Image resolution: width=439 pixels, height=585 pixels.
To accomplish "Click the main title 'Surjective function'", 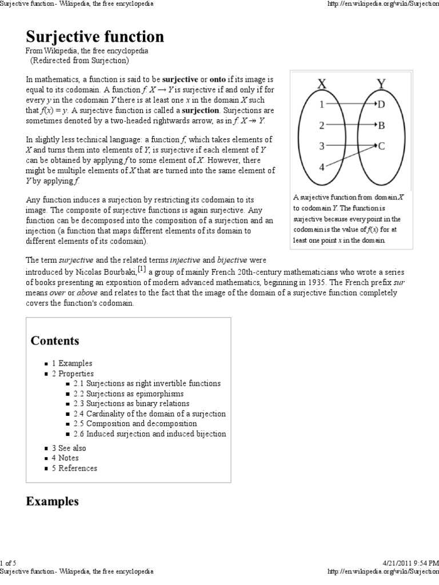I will pyautogui.click(x=95, y=37).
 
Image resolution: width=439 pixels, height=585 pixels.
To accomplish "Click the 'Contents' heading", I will pyautogui.click(x=55, y=341).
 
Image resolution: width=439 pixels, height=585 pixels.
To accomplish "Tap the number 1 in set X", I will pyautogui.click(x=322, y=104).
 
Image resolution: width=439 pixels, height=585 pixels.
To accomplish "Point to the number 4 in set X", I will pyautogui.click(x=322, y=167).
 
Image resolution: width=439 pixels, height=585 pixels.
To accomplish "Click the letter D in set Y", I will pyautogui.click(x=381, y=104).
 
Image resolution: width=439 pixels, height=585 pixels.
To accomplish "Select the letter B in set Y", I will pyautogui.click(x=381, y=125).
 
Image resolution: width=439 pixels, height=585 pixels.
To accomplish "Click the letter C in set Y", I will pyautogui.click(x=381, y=146).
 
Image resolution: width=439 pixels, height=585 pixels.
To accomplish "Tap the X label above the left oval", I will pyautogui.click(x=322, y=84).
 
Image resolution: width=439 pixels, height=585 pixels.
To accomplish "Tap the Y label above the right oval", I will pyautogui.click(x=381, y=84).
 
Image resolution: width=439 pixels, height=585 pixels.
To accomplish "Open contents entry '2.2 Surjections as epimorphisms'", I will pyautogui.click(x=128, y=394).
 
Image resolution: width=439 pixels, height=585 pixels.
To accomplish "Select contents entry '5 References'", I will pyautogui.click(x=74, y=468).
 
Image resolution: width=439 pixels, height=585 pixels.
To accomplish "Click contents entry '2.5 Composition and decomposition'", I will pyautogui.click(x=134, y=423).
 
